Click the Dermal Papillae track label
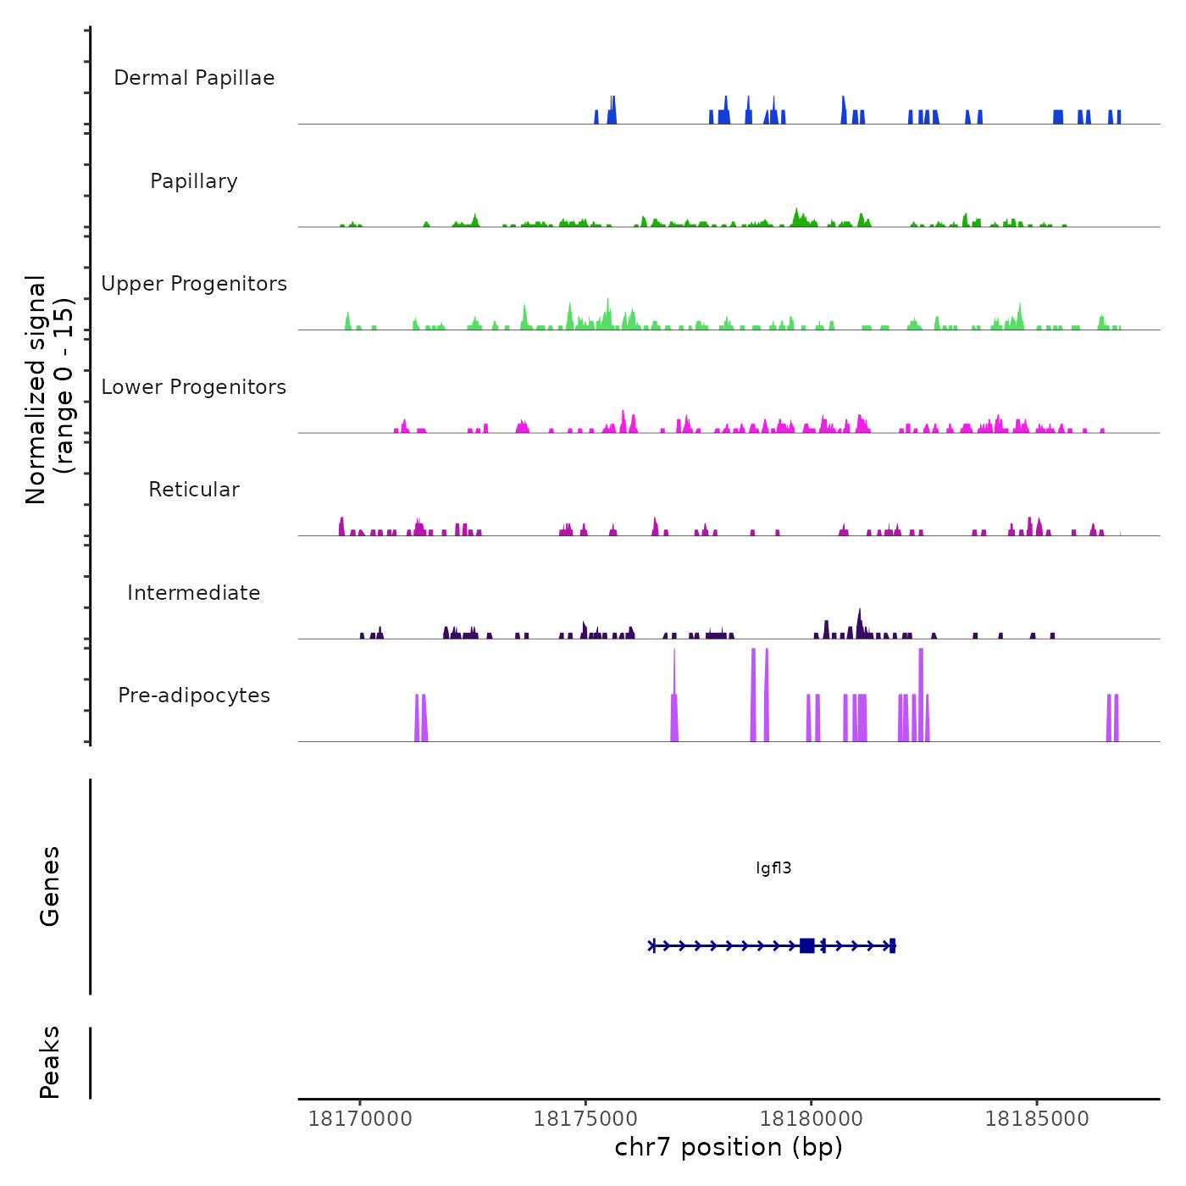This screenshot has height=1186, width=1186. [194, 78]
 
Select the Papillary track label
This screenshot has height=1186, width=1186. [194, 181]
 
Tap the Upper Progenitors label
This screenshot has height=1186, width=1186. [194, 284]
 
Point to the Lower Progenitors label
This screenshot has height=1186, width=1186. [194, 387]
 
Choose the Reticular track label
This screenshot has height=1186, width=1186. [194, 490]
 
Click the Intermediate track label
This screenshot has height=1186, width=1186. [194, 593]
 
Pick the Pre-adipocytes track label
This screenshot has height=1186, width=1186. [194, 696]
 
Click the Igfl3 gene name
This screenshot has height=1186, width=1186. [773, 868]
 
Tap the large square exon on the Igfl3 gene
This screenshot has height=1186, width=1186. [806, 945]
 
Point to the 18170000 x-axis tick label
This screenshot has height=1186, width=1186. [360, 1119]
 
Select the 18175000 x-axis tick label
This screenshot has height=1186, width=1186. [585, 1119]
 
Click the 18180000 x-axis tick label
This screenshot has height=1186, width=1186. [812, 1119]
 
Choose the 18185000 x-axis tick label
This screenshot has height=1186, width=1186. [1037, 1119]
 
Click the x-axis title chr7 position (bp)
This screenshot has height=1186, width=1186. [729, 1147]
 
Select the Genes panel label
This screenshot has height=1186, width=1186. [50, 886]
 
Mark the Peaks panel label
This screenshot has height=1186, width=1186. [50, 1062]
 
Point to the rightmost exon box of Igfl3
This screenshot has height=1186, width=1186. [893, 945]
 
